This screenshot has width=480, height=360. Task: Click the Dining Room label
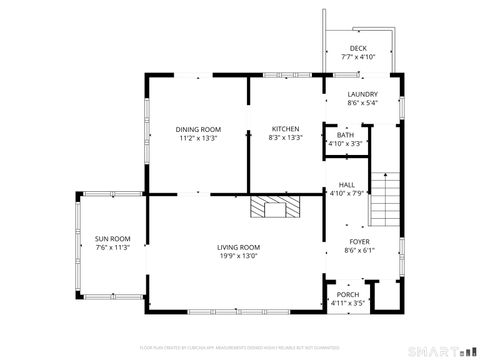pos(198,129)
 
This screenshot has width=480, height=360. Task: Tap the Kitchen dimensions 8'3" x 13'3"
pos(286,138)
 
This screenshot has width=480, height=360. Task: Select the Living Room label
pos(239,247)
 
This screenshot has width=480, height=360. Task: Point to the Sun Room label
pos(113,238)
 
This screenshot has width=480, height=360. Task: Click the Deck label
pos(358,48)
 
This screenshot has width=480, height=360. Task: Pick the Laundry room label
pos(363,94)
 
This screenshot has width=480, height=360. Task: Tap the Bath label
pos(345,135)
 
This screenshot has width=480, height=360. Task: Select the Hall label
pos(347,185)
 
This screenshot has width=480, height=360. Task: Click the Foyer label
pos(359,242)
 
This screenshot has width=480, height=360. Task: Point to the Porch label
pos(347,294)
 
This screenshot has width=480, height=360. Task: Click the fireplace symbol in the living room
pos(274,207)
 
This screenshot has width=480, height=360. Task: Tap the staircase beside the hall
pos(385,199)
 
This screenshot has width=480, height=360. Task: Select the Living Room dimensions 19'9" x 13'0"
pos(239,256)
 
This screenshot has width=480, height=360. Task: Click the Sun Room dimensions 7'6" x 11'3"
pos(113,247)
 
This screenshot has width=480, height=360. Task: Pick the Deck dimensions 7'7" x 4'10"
pos(358,57)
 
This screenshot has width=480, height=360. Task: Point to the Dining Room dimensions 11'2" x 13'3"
pos(198,138)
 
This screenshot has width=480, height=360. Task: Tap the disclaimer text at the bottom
pos(239,347)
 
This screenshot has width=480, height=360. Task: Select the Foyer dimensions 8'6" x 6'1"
pos(359,251)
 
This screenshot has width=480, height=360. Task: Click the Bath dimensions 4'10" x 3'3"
pos(345,144)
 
